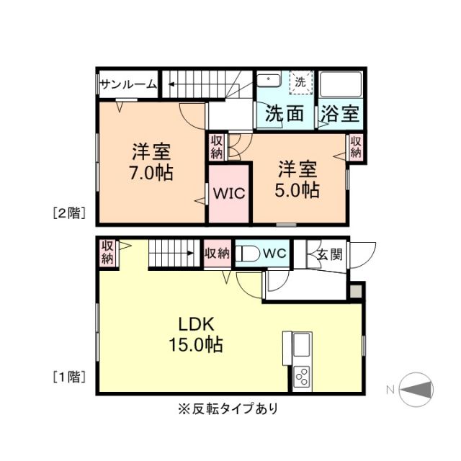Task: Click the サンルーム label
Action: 128,85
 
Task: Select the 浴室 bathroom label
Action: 340,113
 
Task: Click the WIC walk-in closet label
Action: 229,194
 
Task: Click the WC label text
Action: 275,253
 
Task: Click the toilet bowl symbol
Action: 248,254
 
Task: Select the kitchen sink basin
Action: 302,342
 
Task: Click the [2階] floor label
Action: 69,212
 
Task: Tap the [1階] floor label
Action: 69,376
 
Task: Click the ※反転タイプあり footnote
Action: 227,409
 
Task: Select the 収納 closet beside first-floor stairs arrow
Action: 218,254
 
